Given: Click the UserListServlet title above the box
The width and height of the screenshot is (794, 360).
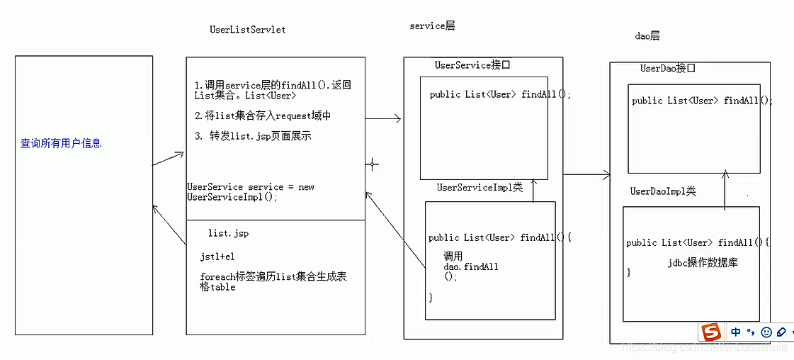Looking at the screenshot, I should point(247,30).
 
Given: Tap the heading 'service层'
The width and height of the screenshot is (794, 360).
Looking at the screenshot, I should point(432,26).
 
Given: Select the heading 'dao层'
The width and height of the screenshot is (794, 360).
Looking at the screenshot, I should point(647,35).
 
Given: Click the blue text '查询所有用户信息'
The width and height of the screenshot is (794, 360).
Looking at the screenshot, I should point(61,143).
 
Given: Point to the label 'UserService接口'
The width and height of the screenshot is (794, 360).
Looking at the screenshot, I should point(472,65).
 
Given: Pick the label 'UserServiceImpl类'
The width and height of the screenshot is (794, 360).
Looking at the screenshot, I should point(480,187).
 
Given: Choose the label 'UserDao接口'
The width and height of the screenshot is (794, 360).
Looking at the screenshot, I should point(668,68).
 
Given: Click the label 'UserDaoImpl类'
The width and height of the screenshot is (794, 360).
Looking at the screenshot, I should point(663,191).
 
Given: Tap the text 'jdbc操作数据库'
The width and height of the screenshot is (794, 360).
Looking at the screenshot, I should point(703,262).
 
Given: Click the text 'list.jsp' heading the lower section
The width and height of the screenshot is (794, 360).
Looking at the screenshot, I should point(228,233).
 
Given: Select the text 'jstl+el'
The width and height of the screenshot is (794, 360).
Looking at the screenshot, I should point(217,257).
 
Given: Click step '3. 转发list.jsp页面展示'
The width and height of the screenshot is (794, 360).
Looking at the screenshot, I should point(254,135).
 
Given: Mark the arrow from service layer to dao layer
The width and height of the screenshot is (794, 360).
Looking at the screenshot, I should point(586,174).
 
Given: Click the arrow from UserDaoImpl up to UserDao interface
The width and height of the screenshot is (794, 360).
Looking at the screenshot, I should point(725,190).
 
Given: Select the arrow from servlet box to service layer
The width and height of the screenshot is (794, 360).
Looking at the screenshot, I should point(383,119).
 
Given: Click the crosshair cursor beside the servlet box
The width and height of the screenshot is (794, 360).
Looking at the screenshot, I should point(372,164).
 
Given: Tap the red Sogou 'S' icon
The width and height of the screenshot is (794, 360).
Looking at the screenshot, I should point(710,332).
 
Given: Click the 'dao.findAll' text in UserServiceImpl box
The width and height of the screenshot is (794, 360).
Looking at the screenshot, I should point(471,266).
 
